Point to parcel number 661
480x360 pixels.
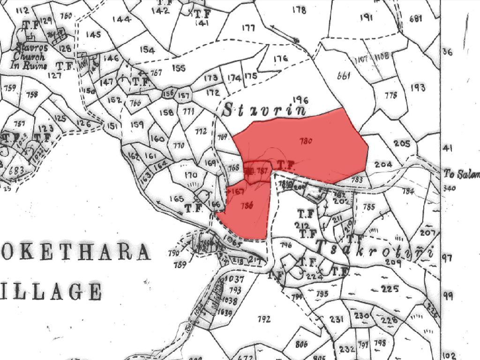(344, 76)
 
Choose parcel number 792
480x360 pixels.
(264, 319)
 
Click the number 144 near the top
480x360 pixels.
(121, 19)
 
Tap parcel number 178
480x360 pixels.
(299, 10)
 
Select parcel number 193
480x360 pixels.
(418, 88)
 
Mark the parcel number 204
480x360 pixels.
(383, 165)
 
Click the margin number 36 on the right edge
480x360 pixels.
(448, 52)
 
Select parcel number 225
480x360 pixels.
(390, 288)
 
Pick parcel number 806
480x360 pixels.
(302, 344)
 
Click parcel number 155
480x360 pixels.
(179, 68)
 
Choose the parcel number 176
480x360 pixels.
(280, 59)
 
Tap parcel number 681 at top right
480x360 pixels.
(416, 19)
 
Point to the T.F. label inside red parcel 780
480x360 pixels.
(285, 165)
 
